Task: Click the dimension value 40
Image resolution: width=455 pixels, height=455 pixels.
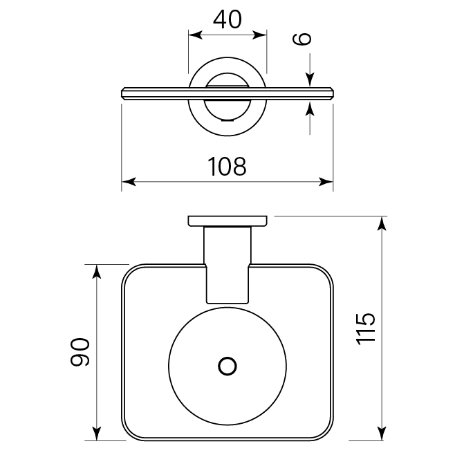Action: (228, 19)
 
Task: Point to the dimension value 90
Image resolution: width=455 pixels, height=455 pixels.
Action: (80, 352)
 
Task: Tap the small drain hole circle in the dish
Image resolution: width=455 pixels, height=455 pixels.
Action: (227, 366)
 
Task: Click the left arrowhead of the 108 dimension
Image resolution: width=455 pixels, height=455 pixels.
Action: (128, 183)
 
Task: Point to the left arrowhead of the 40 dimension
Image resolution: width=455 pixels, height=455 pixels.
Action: (194, 34)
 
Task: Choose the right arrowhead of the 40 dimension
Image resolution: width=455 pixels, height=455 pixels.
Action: (261, 34)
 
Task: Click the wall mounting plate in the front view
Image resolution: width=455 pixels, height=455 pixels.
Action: (228, 221)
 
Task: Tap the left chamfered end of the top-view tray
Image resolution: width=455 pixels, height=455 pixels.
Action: (124, 92)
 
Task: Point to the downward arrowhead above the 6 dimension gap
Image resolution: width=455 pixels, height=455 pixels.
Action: (309, 81)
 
